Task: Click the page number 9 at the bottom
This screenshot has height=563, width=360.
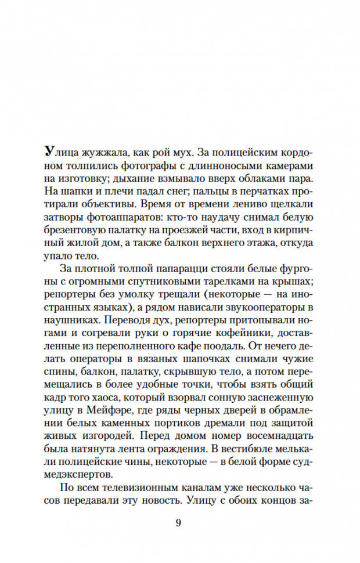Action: [x=179, y=523]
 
